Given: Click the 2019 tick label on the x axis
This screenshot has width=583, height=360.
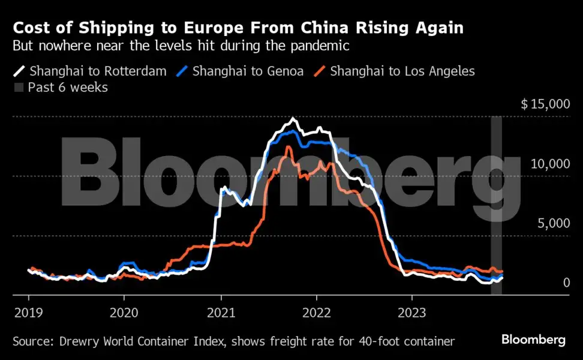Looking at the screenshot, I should tap(28, 313).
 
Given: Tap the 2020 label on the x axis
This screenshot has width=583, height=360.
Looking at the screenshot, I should tap(124, 313).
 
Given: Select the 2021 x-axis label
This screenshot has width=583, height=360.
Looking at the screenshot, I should tap(221, 313).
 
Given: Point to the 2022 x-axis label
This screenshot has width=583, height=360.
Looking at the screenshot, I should tap(316, 313).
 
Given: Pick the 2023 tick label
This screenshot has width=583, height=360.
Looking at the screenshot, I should tap(412, 313).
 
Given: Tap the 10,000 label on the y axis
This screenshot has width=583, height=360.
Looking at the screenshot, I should tap(549, 164).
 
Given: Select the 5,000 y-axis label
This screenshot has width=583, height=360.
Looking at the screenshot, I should tap(552, 223).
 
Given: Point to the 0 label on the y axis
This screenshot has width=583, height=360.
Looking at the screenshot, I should tap(566, 283).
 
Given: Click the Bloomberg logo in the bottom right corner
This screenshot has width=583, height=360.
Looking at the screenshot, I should tap(533, 340).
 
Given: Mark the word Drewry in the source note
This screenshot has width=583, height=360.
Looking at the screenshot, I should tap(80, 341).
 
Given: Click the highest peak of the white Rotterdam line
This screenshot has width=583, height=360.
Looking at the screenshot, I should tap(292, 118).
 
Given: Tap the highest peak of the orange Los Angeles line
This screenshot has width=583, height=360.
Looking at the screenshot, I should tap(289, 146).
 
